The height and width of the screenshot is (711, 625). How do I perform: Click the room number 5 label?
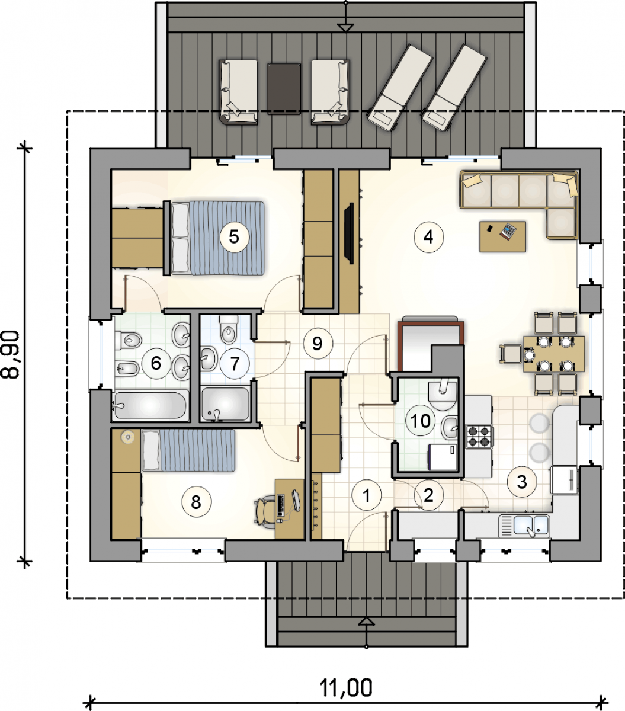pos(235,237)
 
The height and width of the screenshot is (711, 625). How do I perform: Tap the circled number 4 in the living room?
pos(428,237)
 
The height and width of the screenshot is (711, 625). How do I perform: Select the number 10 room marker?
pos(420,421)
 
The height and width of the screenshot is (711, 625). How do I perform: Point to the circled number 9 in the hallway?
pos(318,343)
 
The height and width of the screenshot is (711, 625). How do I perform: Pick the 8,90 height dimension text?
pos(11,355)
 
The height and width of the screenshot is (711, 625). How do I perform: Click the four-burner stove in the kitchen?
pos(479,436)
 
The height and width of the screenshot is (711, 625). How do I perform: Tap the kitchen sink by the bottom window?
pos(525,526)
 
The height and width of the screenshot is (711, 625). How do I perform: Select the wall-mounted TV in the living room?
pos(349,233)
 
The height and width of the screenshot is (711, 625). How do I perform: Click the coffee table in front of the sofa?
pos(502,236)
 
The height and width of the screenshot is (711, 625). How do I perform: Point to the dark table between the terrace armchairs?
pos(284,89)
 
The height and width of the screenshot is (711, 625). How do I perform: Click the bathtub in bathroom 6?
pos(150,405)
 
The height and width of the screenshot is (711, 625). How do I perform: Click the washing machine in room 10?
pos(443,457)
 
